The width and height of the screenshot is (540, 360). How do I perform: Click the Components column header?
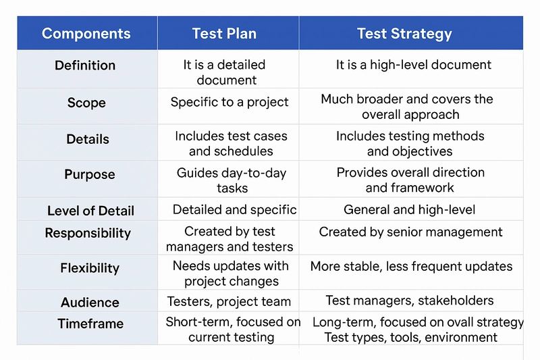tap(86, 34)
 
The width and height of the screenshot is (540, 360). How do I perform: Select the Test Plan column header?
tap(224, 34)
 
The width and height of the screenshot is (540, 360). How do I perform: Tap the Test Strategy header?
tap(404, 34)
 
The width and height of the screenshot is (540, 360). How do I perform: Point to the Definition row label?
tap(85, 66)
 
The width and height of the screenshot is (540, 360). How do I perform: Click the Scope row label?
tap(86, 103)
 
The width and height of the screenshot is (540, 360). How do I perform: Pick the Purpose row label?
tap(90, 174)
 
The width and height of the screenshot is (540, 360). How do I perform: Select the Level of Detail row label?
tap(90, 211)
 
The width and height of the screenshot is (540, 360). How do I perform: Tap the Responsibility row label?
tap(88, 233)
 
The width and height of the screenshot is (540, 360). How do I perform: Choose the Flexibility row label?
tap(90, 268)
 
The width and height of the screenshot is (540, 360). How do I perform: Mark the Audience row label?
tap(90, 303)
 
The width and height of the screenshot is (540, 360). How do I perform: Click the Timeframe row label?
tap(90, 324)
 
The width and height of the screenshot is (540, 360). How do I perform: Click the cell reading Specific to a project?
tap(230, 102)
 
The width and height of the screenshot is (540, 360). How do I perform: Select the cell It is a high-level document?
tap(414, 65)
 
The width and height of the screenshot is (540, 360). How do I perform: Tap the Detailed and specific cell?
tap(234, 210)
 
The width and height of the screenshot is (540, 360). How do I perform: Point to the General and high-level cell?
tap(410, 210)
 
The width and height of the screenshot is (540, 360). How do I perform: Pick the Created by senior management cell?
tap(410, 232)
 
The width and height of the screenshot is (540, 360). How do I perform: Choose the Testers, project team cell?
tap(229, 302)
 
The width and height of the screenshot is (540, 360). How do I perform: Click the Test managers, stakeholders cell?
tap(410, 301)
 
